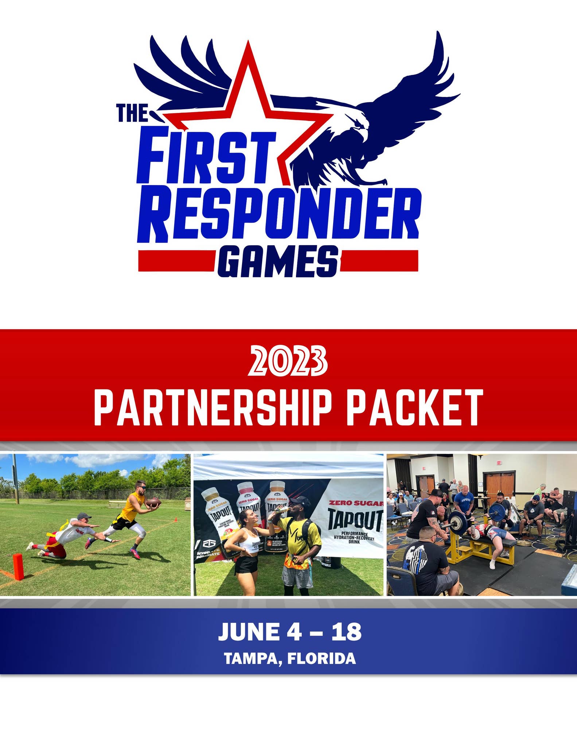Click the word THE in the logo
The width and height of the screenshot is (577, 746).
[132, 113]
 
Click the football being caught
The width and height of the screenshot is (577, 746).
[153, 503]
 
